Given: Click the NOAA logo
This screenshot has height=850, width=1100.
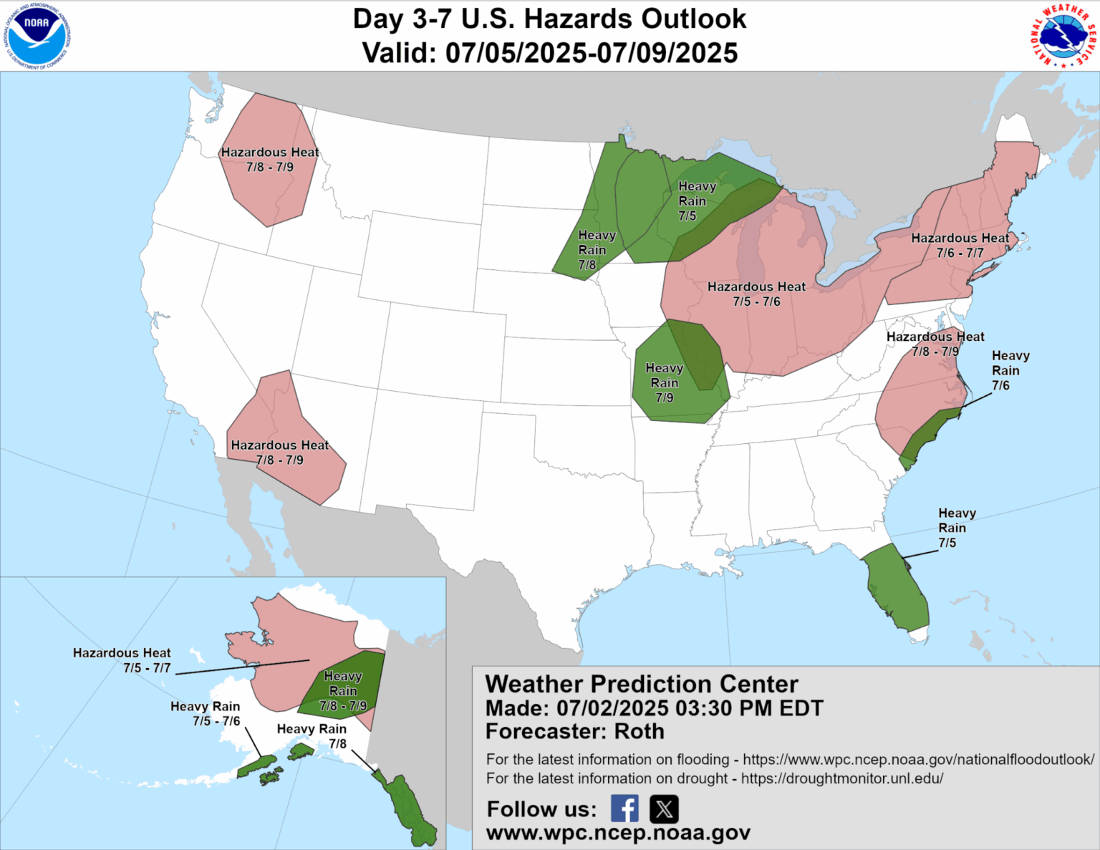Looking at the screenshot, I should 37,35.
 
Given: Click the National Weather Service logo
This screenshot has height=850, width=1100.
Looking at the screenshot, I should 1063,36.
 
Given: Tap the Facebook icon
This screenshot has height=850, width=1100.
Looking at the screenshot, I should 624,808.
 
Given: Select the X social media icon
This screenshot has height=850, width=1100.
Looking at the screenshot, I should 664,808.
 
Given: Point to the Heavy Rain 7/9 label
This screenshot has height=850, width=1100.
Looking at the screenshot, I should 664,382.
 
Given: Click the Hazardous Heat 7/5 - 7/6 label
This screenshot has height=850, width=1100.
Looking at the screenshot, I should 756,294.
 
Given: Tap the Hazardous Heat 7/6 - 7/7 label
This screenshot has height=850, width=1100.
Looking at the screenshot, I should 960,245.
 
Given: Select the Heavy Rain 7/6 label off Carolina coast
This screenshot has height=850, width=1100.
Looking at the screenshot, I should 1010,370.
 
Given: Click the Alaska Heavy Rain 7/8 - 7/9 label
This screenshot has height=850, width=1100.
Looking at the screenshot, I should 343,691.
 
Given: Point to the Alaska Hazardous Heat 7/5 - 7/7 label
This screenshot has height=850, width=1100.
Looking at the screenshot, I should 122,660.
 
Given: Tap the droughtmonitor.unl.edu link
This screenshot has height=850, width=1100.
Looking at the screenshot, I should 841,778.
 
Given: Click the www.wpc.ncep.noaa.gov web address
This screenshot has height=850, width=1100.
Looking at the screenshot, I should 618,832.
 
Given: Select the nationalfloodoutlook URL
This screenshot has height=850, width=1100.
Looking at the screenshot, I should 918,759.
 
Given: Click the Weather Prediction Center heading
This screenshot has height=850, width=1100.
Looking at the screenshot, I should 642,684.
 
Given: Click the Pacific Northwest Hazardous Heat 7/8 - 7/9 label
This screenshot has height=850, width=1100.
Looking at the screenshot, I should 269,159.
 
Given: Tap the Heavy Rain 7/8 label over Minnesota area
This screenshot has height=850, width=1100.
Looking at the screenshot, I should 596,249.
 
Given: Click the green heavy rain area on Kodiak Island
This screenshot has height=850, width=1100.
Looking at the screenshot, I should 271,776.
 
